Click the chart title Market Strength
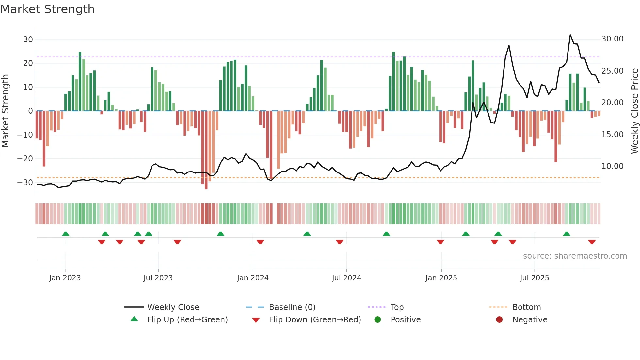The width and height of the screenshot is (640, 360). point(47,9)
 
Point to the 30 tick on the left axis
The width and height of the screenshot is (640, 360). point(28,40)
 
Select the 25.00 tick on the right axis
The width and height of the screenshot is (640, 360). point(612,71)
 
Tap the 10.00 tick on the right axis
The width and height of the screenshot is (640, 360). point(612,166)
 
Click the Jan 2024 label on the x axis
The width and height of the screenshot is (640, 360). point(253,278)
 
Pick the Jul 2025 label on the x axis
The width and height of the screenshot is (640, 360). point(534,278)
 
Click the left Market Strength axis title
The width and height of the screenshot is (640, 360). point(6,111)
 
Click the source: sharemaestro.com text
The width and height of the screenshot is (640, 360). point(575,256)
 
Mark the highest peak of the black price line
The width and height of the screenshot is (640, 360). point(570,35)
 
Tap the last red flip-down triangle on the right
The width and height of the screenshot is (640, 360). point(592,242)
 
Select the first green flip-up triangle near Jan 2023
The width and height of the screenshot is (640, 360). point(66,234)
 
